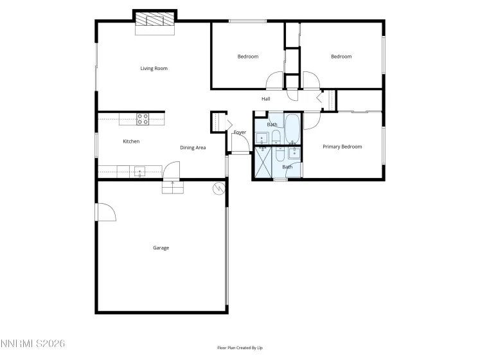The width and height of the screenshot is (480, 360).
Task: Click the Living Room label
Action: point(154,68)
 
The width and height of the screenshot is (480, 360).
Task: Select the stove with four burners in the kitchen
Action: point(143,119)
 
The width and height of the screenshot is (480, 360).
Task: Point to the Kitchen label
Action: point(131,141)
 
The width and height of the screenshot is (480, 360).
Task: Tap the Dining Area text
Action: point(193,148)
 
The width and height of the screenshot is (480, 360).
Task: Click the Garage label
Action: point(161,248)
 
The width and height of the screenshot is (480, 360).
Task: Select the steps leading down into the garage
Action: point(173,186)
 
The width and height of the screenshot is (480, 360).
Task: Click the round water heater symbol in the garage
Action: point(219,188)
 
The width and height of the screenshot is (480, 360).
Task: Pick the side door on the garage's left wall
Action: point(104,212)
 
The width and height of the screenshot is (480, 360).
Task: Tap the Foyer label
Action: point(240,132)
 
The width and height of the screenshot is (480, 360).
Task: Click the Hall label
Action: point(265,99)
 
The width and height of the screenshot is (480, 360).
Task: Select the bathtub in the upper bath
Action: point(292,128)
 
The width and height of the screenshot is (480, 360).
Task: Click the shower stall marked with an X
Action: point(263,163)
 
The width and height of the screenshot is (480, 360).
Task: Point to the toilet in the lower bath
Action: point(280,155)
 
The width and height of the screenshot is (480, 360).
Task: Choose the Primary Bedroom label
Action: point(342,147)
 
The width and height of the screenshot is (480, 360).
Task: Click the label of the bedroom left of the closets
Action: point(247,57)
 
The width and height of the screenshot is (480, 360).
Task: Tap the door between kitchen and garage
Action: point(172,170)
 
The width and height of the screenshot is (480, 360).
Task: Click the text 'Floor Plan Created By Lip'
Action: point(240,348)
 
